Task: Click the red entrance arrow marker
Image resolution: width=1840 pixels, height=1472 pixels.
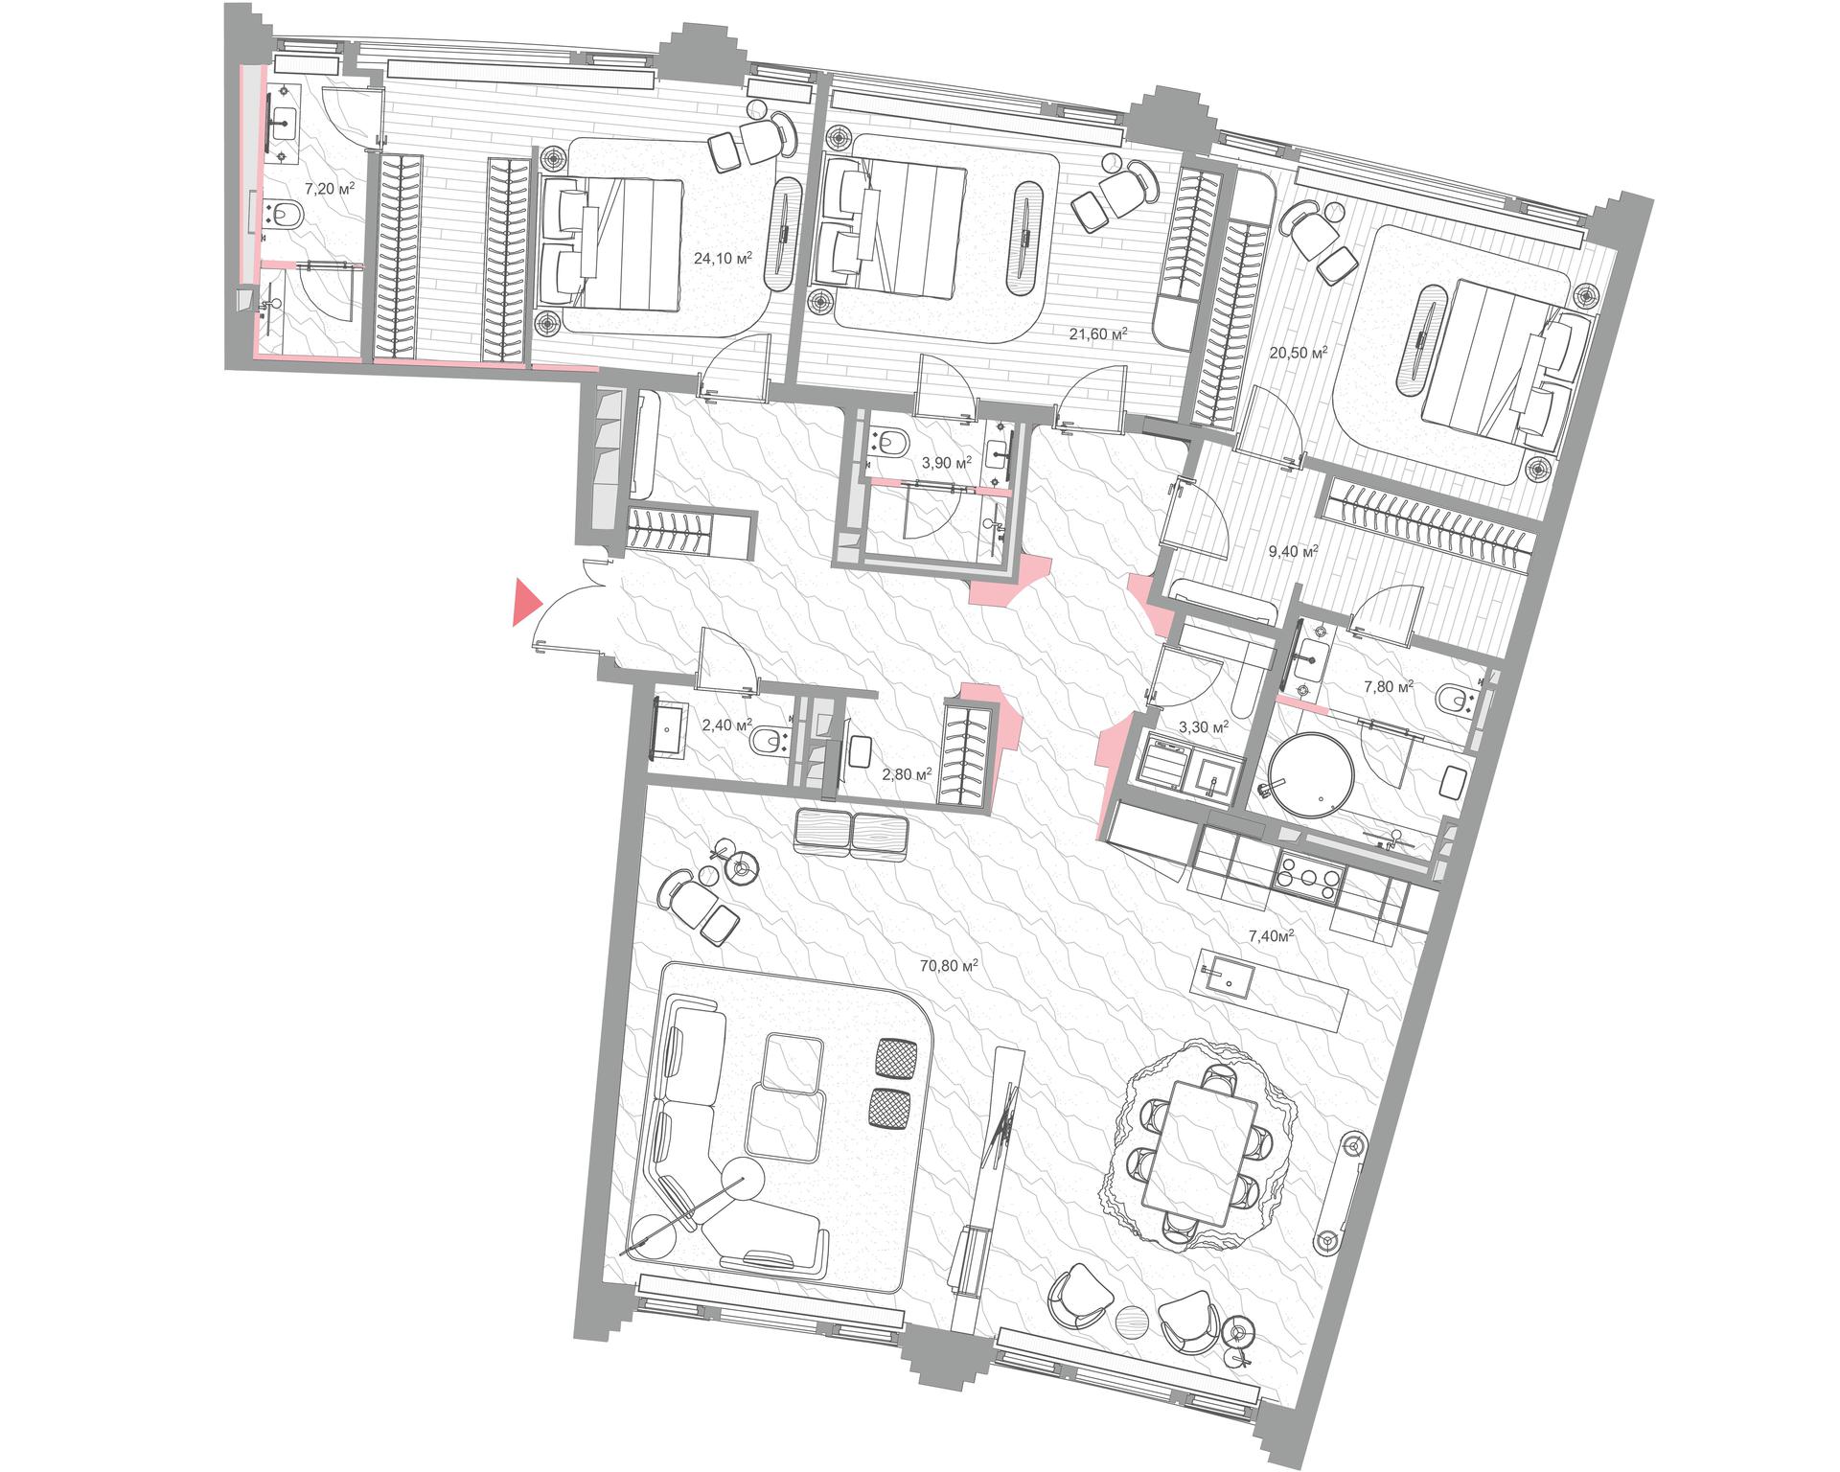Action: [x=525, y=602]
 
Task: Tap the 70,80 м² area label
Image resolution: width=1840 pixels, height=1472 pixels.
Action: [x=948, y=967]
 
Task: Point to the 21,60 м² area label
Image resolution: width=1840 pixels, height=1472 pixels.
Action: [x=1097, y=334]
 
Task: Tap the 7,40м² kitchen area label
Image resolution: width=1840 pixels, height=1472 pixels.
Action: [x=1272, y=935]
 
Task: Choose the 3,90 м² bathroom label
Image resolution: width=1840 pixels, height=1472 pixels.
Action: [x=946, y=463]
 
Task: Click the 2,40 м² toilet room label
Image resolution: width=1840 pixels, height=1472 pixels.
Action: [x=727, y=725]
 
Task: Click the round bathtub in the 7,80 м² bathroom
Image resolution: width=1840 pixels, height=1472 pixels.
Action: [x=1311, y=774]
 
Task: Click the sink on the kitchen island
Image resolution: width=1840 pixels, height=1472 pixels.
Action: [x=1223, y=977]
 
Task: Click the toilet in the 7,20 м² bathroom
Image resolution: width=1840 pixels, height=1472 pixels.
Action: [x=283, y=216]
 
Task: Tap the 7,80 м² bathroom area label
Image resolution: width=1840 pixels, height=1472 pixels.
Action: [x=1389, y=686]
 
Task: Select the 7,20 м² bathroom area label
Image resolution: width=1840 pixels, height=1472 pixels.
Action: [x=329, y=189]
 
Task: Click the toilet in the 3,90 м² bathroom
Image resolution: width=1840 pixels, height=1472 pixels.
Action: [x=889, y=444]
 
